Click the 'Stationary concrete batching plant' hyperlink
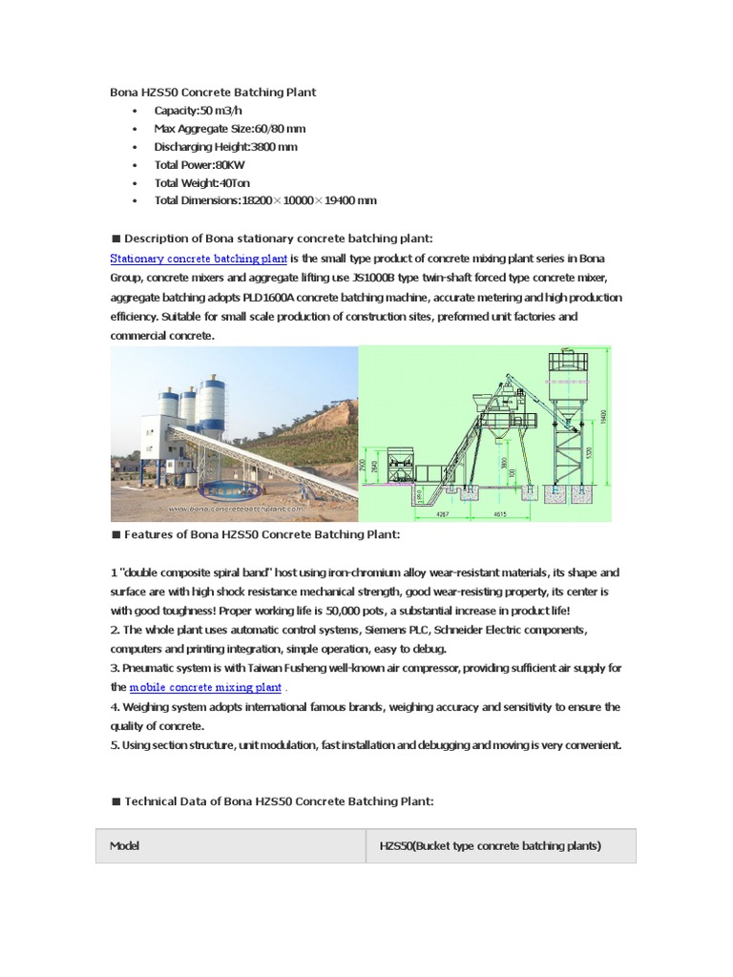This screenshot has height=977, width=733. point(199,259)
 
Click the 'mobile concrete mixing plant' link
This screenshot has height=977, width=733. point(205,687)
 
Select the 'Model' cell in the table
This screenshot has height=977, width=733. point(124,846)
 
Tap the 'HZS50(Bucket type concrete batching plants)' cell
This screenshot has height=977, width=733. point(490,846)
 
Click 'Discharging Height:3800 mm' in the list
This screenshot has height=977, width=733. point(225,147)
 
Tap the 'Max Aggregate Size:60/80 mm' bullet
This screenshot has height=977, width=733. point(229,129)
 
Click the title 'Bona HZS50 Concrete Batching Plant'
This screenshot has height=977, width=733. point(213,93)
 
